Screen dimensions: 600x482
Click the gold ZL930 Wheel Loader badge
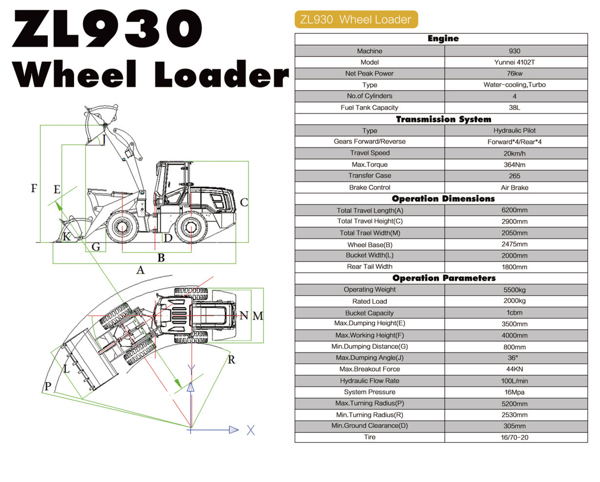[x=356, y=19]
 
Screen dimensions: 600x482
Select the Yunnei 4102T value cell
[x=514, y=62]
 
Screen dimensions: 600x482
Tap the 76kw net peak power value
[x=514, y=74]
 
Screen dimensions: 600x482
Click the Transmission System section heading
[x=443, y=119]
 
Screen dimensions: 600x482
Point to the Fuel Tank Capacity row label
[x=369, y=107]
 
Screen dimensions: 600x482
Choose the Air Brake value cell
[x=514, y=188]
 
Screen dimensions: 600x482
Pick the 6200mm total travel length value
[x=514, y=210]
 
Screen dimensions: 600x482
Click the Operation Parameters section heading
[x=444, y=278]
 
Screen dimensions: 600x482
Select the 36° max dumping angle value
[x=513, y=358]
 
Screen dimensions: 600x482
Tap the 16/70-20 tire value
[x=514, y=437]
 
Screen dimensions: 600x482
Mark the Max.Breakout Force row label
[x=370, y=369]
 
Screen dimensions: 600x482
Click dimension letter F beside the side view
[x=34, y=188]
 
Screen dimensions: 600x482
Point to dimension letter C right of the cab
[x=244, y=202]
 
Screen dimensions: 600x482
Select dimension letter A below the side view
[x=141, y=270]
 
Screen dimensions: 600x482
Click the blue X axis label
[x=251, y=430]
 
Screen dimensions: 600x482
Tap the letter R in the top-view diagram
[x=231, y=359]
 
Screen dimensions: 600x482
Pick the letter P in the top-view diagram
[x=48, y=386]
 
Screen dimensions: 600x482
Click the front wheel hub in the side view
[x=122, y=227]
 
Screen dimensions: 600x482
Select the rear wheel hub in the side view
[x=191, y=227]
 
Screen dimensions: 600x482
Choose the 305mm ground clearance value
[x=514, y=426]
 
